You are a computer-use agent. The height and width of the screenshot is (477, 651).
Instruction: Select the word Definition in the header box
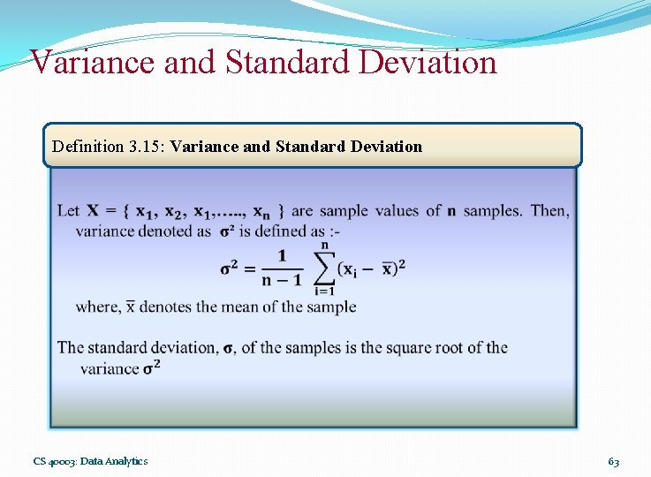click(x=87, y=147)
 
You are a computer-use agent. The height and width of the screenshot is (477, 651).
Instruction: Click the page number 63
click(x=613, y=461)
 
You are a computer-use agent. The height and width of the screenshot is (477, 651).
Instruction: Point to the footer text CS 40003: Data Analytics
click(x=90, y=461)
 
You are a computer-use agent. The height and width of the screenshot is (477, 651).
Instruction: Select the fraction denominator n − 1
click(x=282, y=281)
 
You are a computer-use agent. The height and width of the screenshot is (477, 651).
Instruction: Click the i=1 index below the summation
click(x=324, y=292)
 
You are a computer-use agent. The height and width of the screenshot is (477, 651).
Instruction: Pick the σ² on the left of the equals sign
click(x=231, y=268)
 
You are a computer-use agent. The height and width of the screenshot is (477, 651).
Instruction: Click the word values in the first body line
click(x=397, y=210)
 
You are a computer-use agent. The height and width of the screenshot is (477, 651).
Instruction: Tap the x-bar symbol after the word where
click(x=130, y=307)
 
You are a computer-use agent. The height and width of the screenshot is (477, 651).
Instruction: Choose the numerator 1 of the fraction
click(x=282, y=255)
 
